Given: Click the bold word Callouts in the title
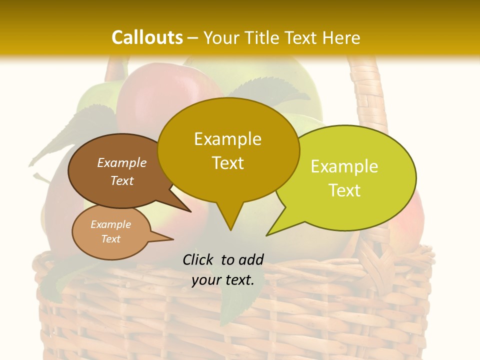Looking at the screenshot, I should pos(147,37).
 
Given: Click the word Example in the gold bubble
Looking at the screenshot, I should pos(227,138).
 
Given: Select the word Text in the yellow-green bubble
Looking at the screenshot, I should pos(344,190).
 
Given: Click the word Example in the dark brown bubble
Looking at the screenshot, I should pos(121,162).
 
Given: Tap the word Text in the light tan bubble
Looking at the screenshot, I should pos(110,239).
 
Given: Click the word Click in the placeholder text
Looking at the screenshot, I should pos(199,259).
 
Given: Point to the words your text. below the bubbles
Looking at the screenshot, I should pos(223,280).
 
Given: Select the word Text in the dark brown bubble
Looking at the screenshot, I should pos(121,180).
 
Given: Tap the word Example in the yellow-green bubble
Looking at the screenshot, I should pos(344,166).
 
